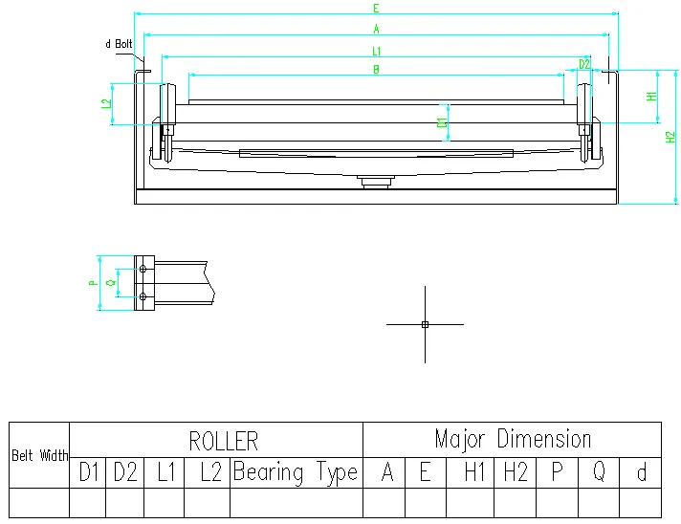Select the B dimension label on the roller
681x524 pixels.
click(376, 69)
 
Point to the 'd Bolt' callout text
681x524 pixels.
click(119, 44)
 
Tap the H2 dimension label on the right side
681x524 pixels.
click(670, 137)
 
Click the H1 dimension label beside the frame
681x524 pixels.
click(651, 97)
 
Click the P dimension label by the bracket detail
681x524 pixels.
click(92, 283)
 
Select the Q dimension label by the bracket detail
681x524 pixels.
click(111, 283)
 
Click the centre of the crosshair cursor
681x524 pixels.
click(425, 324)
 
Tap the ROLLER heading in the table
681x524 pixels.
click(223, 440)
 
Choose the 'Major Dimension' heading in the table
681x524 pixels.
click(513, 439)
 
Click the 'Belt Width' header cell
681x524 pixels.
click(40, 455)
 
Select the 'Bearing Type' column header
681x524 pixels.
click(296, 472)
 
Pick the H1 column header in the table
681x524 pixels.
click(474, 472)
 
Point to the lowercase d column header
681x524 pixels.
click(641, 472)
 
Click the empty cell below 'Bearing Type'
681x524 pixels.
click(296, 503)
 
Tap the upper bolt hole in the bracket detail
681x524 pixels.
click(143, 271)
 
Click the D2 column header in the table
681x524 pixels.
click(125, 472)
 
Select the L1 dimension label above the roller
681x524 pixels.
click(376, 50)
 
